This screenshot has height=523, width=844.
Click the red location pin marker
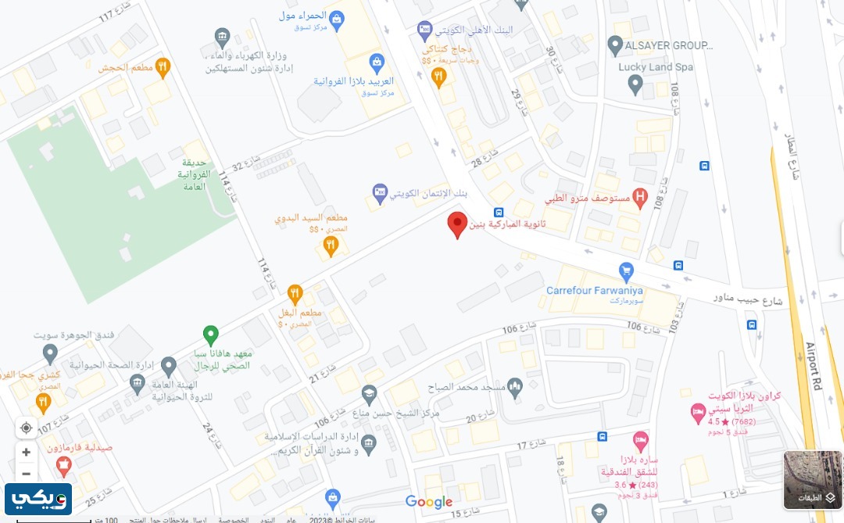(x=457, y=224)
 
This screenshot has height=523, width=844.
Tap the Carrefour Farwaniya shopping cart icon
(x=625, y=271)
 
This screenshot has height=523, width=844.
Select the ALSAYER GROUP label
(x=669, y=45)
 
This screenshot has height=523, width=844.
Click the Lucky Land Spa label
(x=656, y=67)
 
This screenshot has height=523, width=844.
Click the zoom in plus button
(x=27, y=452)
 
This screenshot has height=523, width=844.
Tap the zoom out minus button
(x=27, y=473)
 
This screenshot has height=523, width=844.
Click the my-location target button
(x=27, y=428)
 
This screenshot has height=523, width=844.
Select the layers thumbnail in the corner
(x=813, y=480)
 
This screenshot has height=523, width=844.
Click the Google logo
(x=429, y=501)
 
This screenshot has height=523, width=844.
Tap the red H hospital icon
(x=641, y=199)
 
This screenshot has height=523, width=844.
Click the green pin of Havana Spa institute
(x=210, y=335)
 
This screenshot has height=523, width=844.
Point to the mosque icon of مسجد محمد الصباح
(x=514, y=386)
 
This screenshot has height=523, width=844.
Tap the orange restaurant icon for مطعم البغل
(x=295, y=295)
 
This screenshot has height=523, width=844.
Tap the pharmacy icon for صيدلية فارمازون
(x=63, y=466)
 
